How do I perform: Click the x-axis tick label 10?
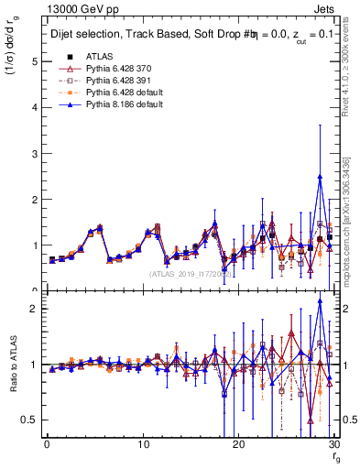142,444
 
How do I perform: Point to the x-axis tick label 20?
238,444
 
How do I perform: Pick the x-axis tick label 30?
333,444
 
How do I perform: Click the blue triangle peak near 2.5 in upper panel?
320,176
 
